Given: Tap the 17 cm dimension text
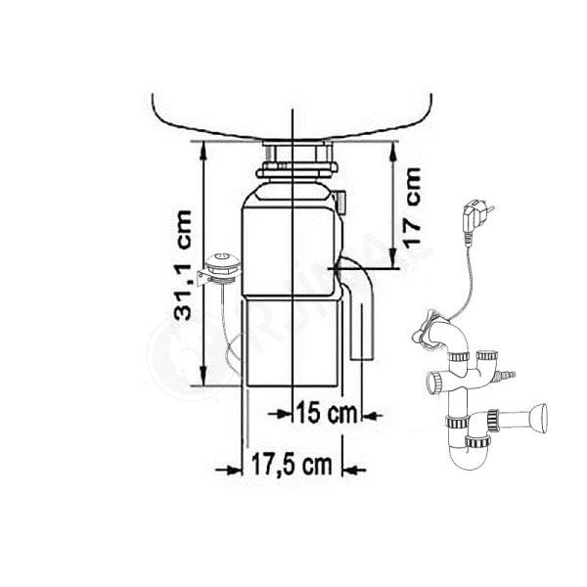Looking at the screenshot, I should pyautogui.click(x=412, y=204).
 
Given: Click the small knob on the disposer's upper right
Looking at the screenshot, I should pyautogui.click(x=345, y=201).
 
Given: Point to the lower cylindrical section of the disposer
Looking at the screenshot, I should pyautogui.click(x=293, y=342).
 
